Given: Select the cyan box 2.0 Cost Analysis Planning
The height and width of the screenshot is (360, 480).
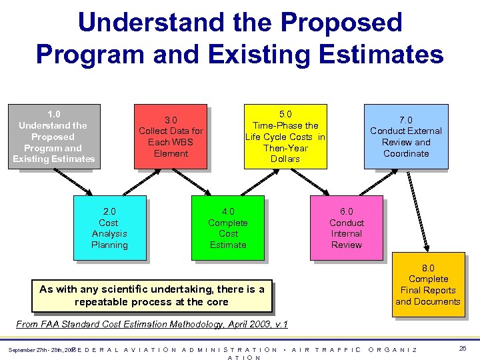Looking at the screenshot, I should (109, 228).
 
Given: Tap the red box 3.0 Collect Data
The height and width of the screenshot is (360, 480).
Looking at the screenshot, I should (171, 136).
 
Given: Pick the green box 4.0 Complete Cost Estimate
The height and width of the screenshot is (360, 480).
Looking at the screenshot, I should (228, 228).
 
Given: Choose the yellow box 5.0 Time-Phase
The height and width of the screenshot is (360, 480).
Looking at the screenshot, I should (285, 136).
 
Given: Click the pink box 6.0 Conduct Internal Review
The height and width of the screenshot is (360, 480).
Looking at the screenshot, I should (347, 228).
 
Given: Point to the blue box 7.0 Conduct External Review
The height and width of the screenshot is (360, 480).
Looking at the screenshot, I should (406, 136).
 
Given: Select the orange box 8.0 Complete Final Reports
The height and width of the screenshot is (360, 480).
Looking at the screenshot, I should (428, 284).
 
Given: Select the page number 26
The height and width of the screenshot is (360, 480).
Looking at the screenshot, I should (462, 348).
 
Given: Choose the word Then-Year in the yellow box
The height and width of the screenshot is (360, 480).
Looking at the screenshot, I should (285, 147).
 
